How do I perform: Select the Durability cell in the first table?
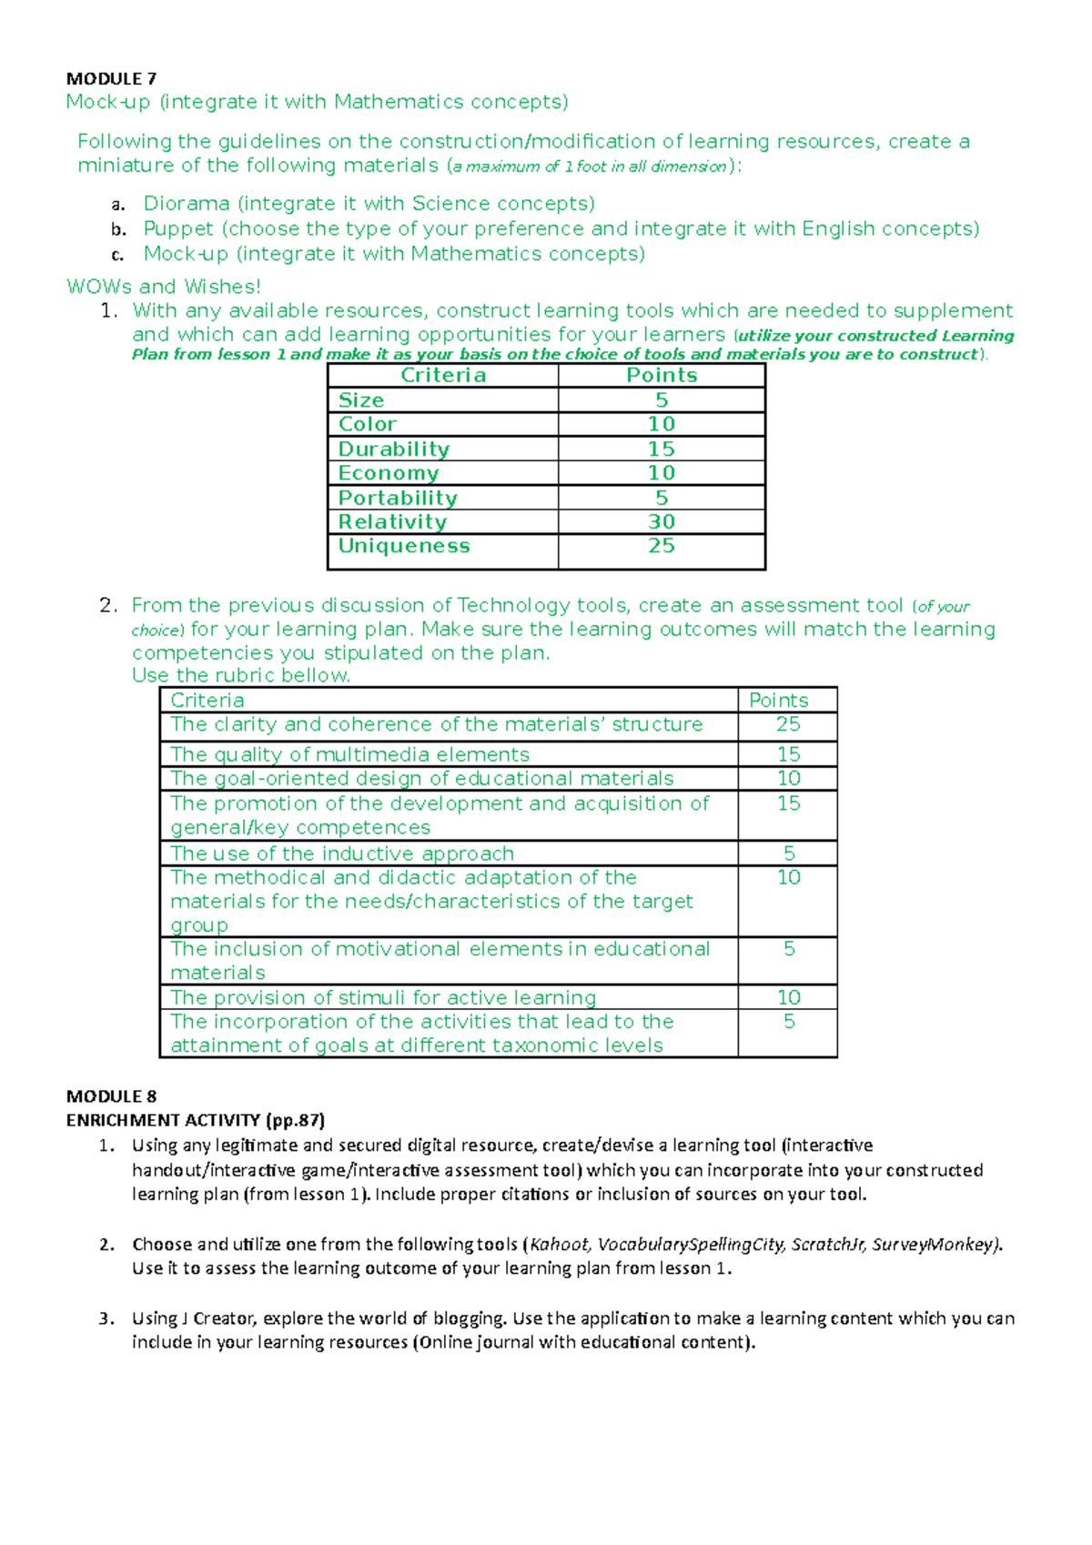click(394, 449)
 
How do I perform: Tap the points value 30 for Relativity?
click(662, 521)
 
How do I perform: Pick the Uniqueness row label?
click(404, 546)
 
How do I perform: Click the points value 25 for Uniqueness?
click(662, 546)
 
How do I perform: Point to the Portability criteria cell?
click(398, 498)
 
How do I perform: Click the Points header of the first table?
click(662, 375)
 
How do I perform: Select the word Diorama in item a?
click(187, 203)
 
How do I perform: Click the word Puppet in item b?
click(178, 228)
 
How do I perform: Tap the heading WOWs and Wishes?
click(164, 287)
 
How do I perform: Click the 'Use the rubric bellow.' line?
click(241, 675)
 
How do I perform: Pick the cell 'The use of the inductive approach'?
click(342, 853)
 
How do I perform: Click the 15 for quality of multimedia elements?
click(788, 754)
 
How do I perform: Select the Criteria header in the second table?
click(207, 700)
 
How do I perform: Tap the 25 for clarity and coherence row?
click(788, 724)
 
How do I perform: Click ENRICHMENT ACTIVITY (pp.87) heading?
click(195, 1120)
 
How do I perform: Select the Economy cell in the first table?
click(389, 473)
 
